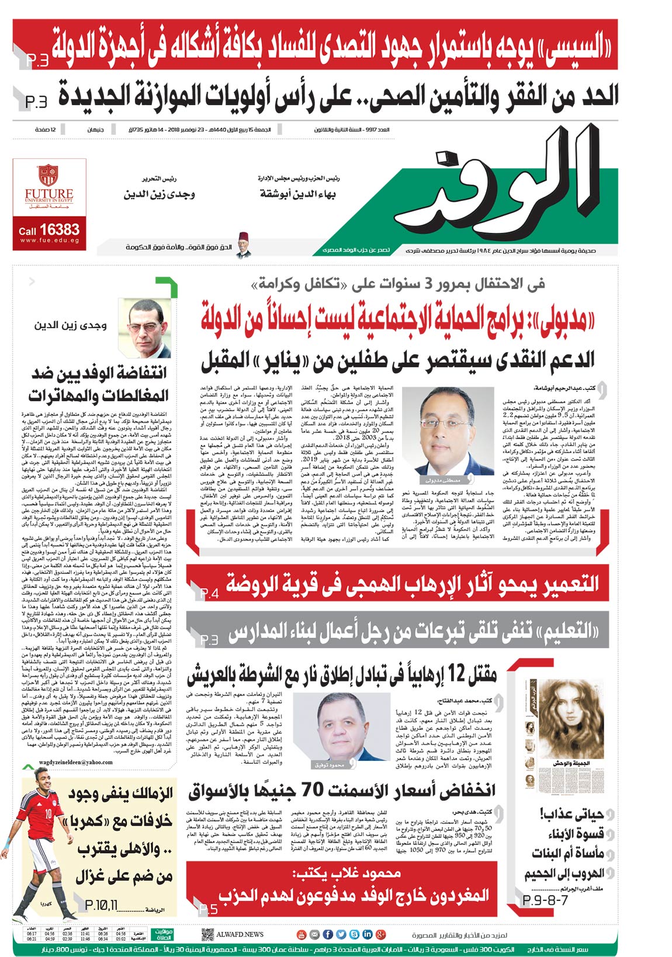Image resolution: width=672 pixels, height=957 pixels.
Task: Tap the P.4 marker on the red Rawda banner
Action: point(209,594)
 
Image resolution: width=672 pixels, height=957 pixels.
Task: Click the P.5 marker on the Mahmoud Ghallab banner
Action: point(209,909)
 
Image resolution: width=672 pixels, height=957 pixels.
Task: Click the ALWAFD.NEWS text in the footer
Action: point(240,934)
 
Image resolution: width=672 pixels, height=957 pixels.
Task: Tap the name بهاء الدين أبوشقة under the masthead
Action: point(298,194)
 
